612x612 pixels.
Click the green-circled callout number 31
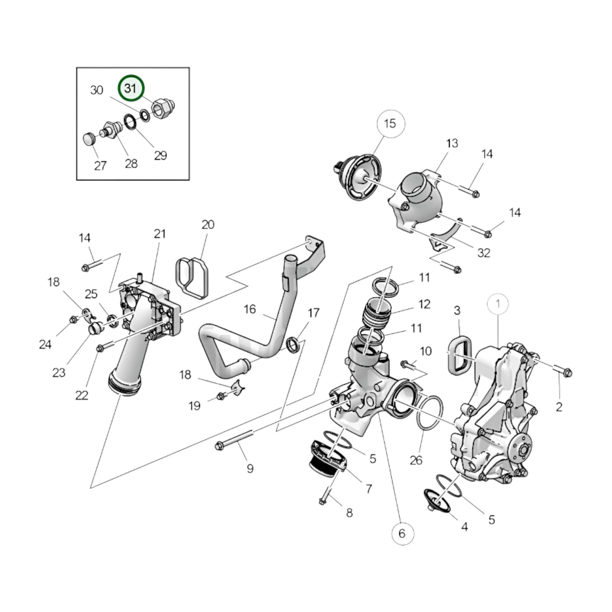pos(131,88)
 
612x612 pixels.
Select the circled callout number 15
pos(390,123)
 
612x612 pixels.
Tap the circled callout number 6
pos(402,533)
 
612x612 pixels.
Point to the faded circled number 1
pos(498,304)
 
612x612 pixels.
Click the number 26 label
pos(416,460)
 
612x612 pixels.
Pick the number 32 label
pos(483,253)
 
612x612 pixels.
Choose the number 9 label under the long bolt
pos(250,468)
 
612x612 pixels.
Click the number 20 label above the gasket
pos(208,224)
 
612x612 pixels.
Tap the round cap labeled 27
pos(89,138)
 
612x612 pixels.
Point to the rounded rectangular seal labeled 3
pos(459,355)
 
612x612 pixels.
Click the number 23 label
pos(59,373)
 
